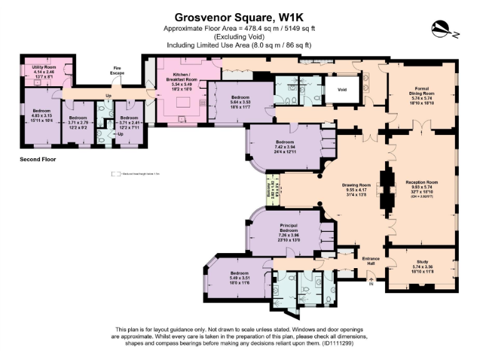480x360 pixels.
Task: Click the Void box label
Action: [342, 89]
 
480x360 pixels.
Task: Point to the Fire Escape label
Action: [117, 71]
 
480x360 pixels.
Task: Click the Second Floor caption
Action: [38, 159]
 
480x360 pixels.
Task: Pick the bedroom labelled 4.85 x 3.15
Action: [42, 116]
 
